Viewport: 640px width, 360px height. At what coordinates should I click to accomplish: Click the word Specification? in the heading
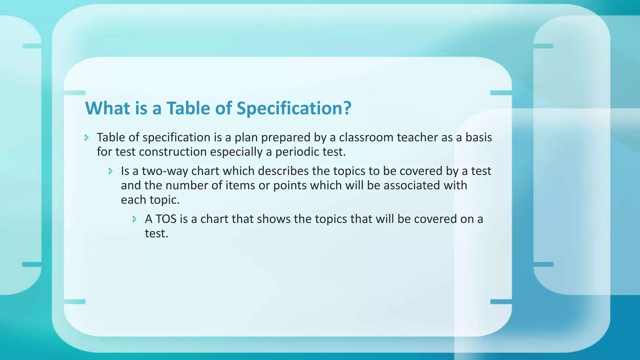click(x=294, y=108)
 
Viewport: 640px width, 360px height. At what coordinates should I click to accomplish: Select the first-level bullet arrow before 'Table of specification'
click(x=87, y=137)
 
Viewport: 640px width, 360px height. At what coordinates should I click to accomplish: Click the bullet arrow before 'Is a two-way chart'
click(x=111, y=171)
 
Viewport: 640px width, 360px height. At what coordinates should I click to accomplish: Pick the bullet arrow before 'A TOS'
click(x=135, y=219)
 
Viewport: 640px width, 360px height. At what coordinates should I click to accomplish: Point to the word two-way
click(x=165, y=171)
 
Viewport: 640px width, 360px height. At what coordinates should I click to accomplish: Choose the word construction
click(x=173, y=152)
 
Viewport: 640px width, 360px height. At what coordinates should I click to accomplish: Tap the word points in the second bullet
click(x=290, y=186)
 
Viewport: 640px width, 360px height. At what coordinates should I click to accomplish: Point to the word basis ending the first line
click(x=478, y=137)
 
